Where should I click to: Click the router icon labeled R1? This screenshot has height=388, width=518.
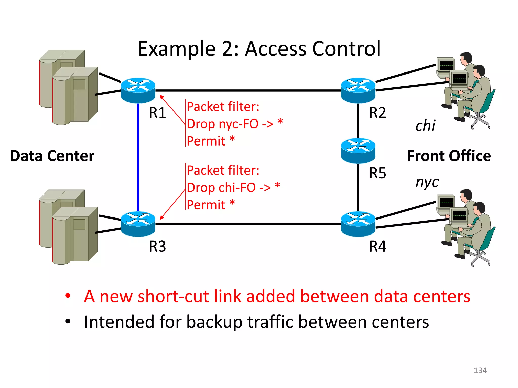coord(138,90)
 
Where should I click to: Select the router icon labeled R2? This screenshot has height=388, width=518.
coord(358,90)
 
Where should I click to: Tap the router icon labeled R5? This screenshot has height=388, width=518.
coord(358,151)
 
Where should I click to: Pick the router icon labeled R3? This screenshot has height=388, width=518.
coord(138,224)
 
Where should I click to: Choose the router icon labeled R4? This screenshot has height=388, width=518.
coord(358,224)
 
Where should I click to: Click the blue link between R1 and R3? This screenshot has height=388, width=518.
coord(138,157)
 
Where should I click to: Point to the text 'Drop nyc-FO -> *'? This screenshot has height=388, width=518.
coord(234,124)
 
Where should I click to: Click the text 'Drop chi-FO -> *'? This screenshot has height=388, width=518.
coord(233,188)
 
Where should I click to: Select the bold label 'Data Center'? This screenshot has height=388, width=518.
coord(52,156)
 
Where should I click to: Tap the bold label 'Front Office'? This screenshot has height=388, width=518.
coord(449,156)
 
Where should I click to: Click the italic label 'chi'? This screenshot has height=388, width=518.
coord(425,126)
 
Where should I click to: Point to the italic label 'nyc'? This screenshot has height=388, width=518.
coord(427,182)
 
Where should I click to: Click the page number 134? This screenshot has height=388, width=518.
coord(480,370)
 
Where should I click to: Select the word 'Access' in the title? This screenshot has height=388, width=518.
coord(275,48)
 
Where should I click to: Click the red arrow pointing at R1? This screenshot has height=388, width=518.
coord(172,110)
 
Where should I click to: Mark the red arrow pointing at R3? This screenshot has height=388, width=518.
coord(172,205)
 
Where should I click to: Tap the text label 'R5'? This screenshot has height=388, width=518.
coord(377,173)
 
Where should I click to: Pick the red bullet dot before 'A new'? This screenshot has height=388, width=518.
coord(68,295)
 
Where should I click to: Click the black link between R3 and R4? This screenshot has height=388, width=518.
coord(248,224)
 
